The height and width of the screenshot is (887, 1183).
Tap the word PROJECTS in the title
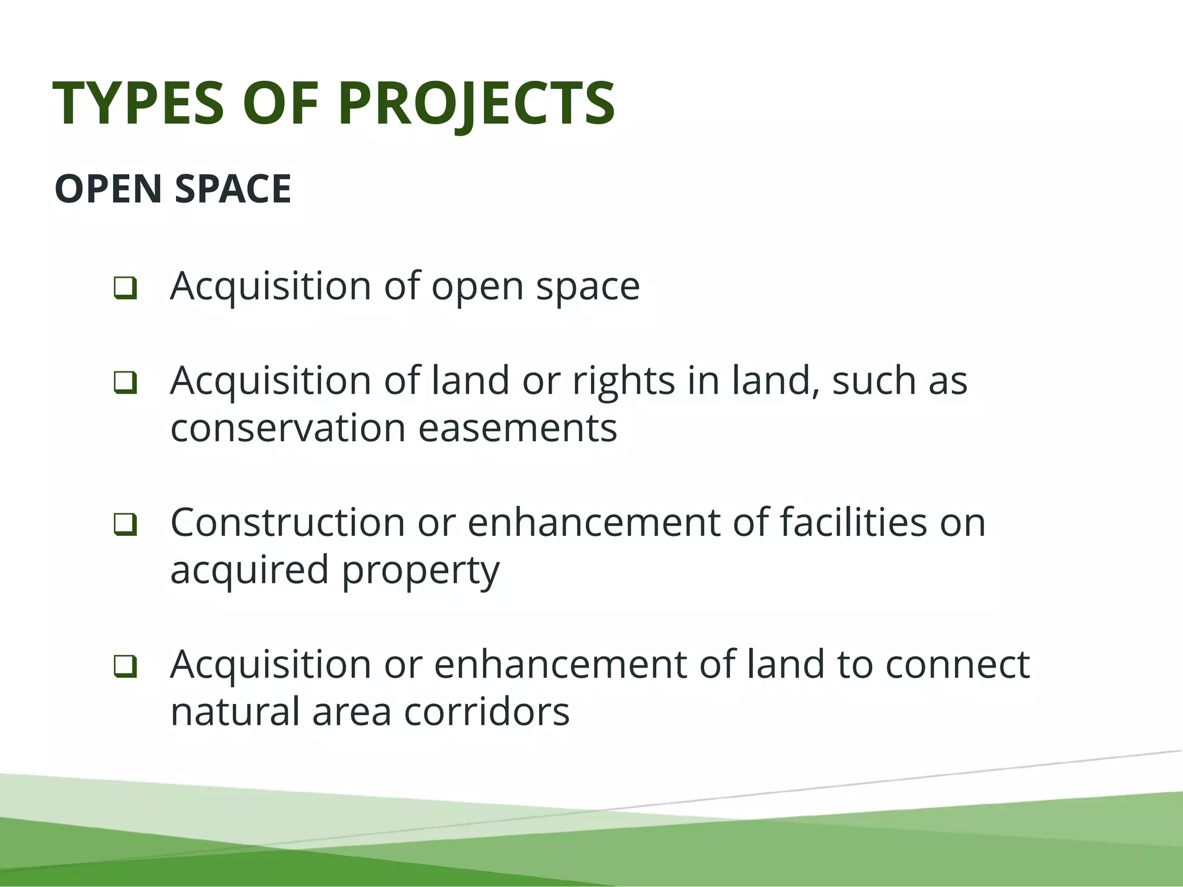(x=477, y=104)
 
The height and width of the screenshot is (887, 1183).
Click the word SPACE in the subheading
(x=233, y=189)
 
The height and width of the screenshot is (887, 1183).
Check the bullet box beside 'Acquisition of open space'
(x=125, y=288)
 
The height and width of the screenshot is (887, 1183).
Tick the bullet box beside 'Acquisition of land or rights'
(x=125, y=382)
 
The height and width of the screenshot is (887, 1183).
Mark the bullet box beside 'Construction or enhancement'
(x=125, y=524)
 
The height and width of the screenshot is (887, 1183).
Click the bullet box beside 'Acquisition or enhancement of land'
(x=125, y=666)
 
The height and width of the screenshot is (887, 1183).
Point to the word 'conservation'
(x=288, y=428)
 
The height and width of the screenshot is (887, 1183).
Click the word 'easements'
(x=518, y=428)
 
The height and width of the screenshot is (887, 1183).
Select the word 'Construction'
(x=288, y=523)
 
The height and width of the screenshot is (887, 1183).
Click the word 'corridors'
(x=486, y=712)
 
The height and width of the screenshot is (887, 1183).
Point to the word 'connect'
(x=958, y=665)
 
